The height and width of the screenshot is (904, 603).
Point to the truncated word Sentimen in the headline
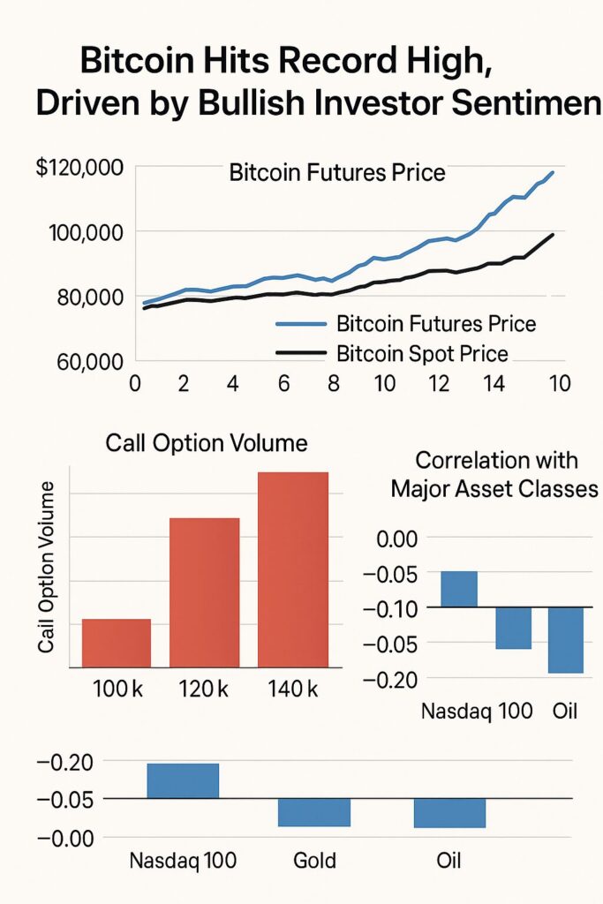(516, 104)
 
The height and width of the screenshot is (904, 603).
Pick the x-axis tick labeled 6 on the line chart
(284, 385)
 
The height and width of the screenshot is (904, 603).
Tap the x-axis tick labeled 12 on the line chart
(434, 385)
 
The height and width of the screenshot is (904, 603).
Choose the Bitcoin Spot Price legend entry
(422, 355)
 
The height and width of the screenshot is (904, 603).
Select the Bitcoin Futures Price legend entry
(436, 324)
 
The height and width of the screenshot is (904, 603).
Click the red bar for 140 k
(293, 569)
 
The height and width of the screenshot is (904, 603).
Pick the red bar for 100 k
(117, 643)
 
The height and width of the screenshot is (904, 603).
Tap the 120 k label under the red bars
(205, 689)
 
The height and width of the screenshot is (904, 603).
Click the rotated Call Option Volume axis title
(47, 569)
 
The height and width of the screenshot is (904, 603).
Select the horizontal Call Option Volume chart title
(207, 443)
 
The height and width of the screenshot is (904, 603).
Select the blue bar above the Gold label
(314, 812)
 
